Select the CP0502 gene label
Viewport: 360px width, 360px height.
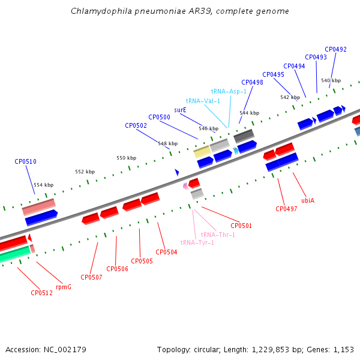pos(136,125)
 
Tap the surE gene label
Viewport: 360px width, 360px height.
pos(180,110)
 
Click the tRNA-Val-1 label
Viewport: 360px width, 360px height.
pos(203,101)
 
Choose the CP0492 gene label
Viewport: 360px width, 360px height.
pos(335,49)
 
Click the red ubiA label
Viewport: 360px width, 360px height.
pos(308,200)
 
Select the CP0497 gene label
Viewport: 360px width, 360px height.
pos(286,209)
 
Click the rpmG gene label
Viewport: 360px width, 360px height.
pos(64,287)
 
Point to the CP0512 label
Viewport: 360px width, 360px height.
pos(41,293)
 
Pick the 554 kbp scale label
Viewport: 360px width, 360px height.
pos(43,185)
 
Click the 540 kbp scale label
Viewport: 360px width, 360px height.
pos(331,80)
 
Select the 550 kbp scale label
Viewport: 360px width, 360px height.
pos(126,158)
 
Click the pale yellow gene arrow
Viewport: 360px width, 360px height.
pos(202,152)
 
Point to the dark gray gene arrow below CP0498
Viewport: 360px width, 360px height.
pos(244,136)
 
